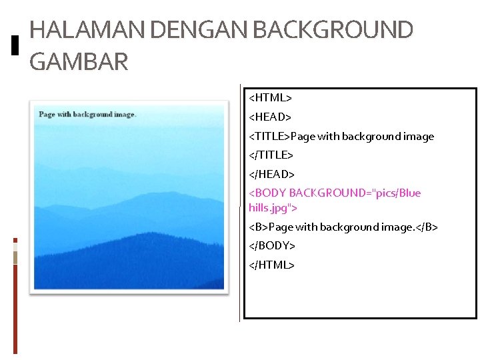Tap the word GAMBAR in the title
coord(79,62)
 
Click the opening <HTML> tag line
coord(270,98)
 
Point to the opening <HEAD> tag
coord(270,117)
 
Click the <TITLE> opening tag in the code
coord(269,137)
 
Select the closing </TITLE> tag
coord(271,155)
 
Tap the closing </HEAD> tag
coord(271,175)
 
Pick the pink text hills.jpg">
coord(273,208)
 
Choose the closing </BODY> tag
coord(272,246)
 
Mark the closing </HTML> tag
coord(271,265)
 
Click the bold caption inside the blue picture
coord(87,114)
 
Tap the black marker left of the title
coord(15,45)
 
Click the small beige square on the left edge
coord(15,257)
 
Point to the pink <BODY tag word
coord(268,193)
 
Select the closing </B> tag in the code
coord(427,227)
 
